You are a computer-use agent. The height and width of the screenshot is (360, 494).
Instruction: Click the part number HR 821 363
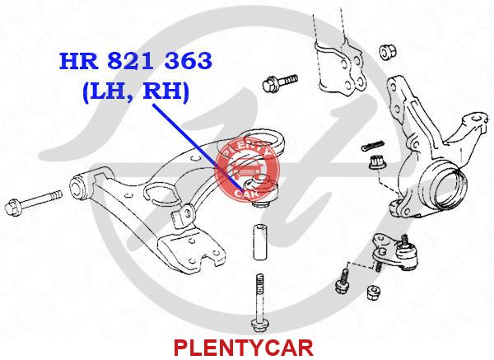(x=136, y=61)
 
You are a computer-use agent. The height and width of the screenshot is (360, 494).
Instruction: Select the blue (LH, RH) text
(x=136, y=91)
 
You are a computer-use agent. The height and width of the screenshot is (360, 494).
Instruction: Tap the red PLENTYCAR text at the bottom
(x=244, y=348)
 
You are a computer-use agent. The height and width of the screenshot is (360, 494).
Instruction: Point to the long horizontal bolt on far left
(x=34, y=200)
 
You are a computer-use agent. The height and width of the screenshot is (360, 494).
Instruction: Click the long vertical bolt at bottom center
(x=260, y=302)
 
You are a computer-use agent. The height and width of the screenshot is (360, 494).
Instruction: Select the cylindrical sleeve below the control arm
(x=260, y=242)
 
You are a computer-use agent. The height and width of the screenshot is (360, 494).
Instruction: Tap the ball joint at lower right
(x=396, y=251)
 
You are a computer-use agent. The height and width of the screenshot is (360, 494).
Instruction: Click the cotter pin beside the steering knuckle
(x=373, y=145)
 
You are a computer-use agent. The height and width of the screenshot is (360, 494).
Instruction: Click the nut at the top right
(x=388, y=51)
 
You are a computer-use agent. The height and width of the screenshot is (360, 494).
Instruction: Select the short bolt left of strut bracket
(x=280, y=82)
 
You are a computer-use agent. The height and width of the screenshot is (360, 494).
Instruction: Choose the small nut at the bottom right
(x=374, y=292)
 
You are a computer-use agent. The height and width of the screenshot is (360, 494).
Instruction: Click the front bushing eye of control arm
(x=77, y=186)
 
